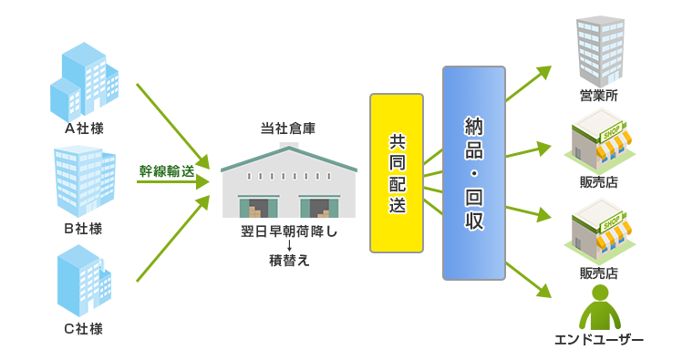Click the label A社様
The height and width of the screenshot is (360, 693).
pos(84,129)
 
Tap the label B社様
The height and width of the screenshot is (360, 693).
pos(83,228)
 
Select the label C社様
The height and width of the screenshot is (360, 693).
pos(83,329)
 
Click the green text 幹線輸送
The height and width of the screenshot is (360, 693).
pos(167,170)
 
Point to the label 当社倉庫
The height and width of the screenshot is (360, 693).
pos(288,129)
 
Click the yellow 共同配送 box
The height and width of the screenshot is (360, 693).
pos(397,173)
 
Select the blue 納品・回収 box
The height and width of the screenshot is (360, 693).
pos(474,173)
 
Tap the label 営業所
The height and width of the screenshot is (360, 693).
pos(599,95)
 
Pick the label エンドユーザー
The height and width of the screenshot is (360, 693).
pos(599,340)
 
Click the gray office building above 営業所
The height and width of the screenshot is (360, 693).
pos(599,50)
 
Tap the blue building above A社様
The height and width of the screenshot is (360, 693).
pos(84,82)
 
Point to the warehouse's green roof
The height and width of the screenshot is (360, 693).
pos(288,158)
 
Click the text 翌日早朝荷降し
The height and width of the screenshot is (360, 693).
pos(288,231)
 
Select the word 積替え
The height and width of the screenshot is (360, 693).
pos(289,261)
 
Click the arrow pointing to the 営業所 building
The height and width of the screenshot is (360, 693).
pos(528,84)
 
